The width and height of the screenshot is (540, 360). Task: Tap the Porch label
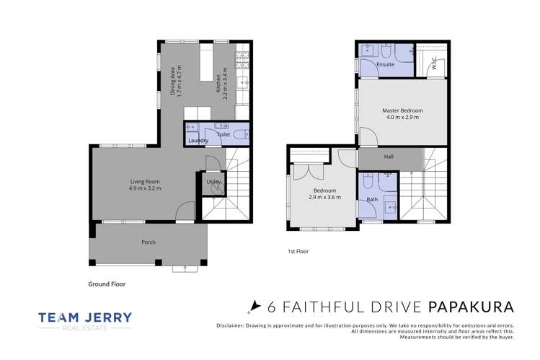148,242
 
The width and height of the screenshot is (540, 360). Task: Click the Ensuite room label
385,64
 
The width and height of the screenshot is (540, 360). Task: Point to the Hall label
389,156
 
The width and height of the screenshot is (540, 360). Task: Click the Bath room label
372,198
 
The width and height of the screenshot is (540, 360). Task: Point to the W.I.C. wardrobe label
434,62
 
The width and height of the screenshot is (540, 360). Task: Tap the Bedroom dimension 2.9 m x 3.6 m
324,196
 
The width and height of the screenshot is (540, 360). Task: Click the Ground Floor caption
107,284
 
